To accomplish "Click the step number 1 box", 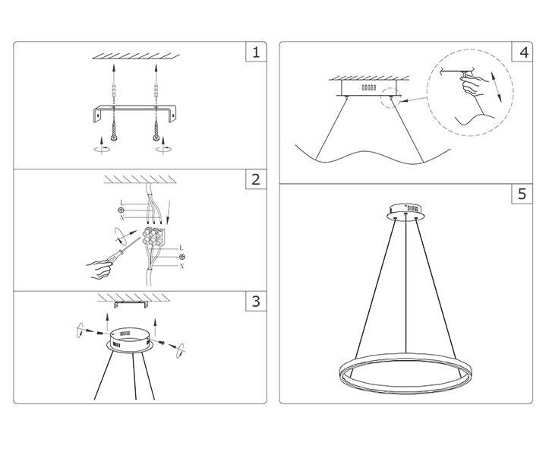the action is (x=256, y=52).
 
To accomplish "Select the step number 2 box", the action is (x=256, y=179).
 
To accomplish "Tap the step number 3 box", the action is (x=256, y=301).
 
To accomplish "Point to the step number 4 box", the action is (x=522, y=52).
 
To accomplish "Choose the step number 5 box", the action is (x=522, y=193).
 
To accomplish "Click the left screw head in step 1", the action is (x=114, y=138).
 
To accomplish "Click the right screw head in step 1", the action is (x=156, y=138).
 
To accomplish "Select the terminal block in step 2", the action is (x=153, y=236).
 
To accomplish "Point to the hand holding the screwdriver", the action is (x=100, y=268).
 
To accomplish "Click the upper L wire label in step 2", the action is (x=121, y=203).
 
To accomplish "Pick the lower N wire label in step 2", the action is (x=181, y=266).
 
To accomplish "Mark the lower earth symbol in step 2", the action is (x=181, y=257).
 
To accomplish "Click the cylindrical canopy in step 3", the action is (x=130, y=340).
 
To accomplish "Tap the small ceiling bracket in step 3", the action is (x=131, y=304).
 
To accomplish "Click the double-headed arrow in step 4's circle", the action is (x=496, y=87).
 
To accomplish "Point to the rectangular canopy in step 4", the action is (x=369, y=88).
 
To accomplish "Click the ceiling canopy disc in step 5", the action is (x=405, y=212).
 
